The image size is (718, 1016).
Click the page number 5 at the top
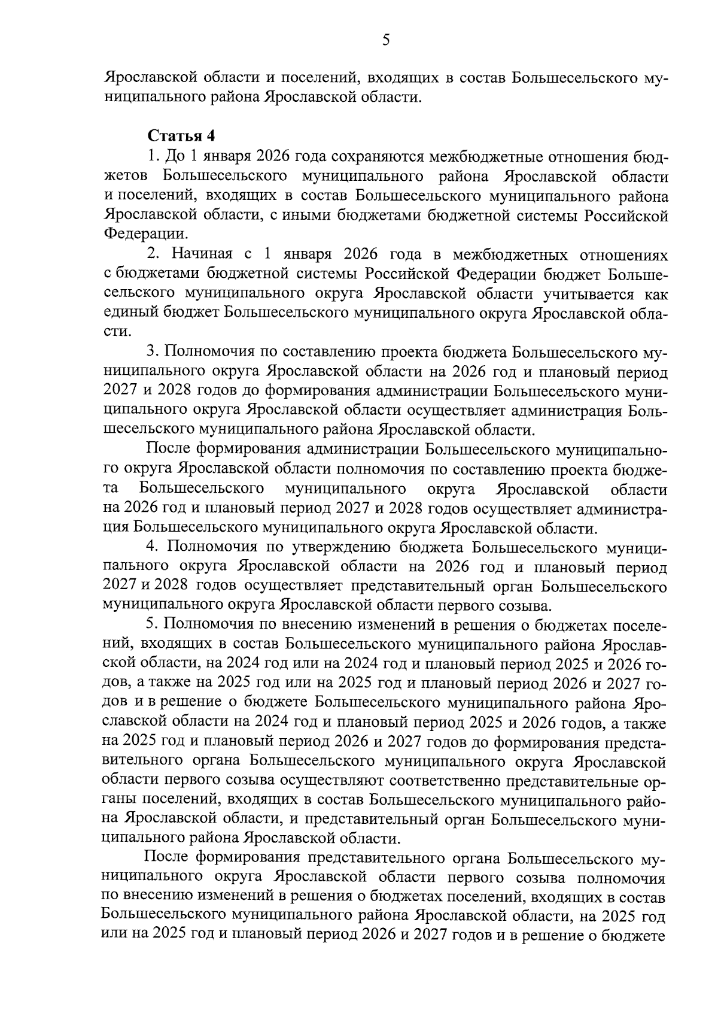[385, 40]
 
